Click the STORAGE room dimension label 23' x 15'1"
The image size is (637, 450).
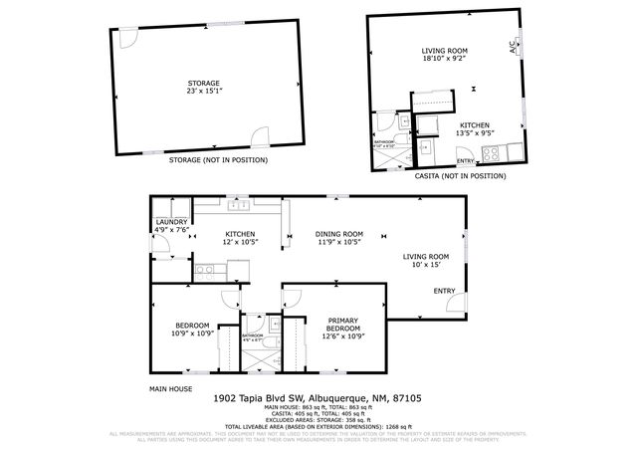[204, 92]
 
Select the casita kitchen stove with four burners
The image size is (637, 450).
[491, 151]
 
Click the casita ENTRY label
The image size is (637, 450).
[465, 160]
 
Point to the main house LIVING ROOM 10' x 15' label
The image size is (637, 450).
[426, 259]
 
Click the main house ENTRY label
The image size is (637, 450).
[444, 291]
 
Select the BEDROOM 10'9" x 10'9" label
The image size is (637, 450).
[192, 329]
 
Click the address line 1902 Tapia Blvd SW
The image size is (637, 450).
[318, 397]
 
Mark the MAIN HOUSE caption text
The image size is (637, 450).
[170, 388]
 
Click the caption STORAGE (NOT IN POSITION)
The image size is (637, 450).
[218, 160]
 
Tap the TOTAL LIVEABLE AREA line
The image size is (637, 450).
[318, 425]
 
